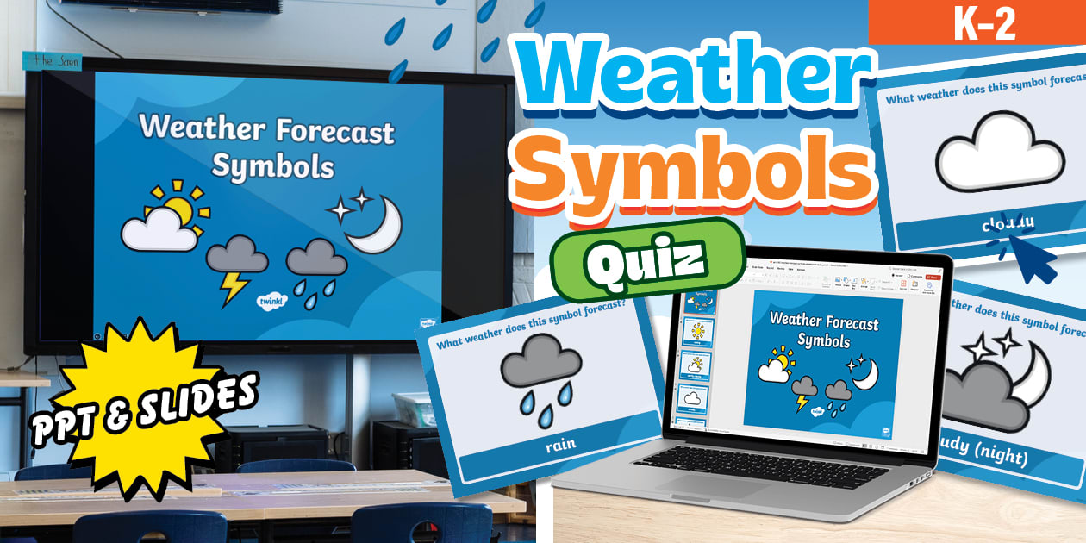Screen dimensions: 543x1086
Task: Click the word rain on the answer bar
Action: (560, 446)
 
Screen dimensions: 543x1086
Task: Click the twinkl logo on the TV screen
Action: (272, 302)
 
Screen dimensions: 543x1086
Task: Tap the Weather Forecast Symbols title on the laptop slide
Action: (823, 330)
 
